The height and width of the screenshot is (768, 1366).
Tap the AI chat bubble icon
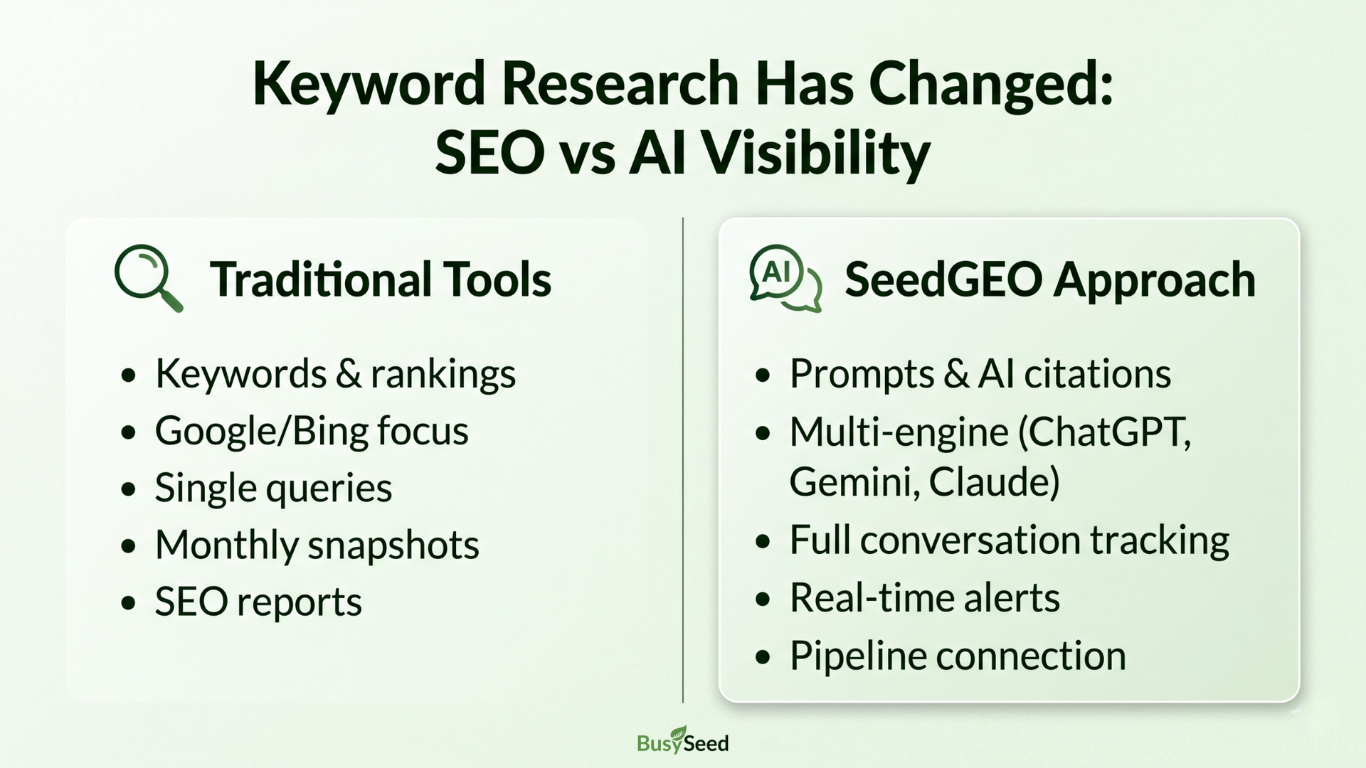click(x=785, y=278)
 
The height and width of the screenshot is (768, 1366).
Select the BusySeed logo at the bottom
click(x=683, y=741)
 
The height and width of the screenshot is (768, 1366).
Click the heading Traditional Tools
click(x=381, y=279)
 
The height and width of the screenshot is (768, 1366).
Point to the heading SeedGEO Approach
click(x=1050, y=279)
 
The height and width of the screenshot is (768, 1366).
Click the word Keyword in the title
click(x=369, y=84)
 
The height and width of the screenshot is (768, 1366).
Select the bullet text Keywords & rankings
click(x=335, y=374)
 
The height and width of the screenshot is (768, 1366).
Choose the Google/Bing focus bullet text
click(x=312, y=431)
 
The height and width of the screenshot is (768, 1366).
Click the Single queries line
click(x=273, y=488)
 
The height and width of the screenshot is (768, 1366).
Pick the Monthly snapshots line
click(x=317, y=545)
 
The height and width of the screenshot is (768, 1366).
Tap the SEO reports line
click(x=258, y=602)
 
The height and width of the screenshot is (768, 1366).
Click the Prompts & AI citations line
click(x=980, y=374)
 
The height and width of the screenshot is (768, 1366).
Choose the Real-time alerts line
click(x=925, y=597)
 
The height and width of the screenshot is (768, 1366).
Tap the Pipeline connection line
click(x=958, y=656)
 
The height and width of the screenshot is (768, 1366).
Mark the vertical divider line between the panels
click(x=683, y=460)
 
